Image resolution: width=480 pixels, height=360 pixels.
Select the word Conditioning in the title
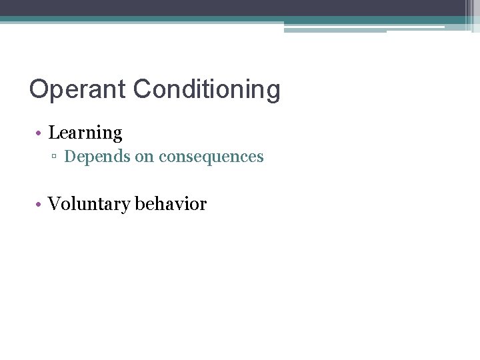207,89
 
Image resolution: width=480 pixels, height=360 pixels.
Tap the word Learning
85,133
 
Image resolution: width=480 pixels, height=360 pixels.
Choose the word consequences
211,157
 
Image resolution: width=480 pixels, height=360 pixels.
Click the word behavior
171,204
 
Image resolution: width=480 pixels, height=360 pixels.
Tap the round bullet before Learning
40,134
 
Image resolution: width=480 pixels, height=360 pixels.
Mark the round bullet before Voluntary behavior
40,205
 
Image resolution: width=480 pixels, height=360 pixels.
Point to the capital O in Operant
38,89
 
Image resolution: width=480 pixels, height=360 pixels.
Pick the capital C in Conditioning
143,89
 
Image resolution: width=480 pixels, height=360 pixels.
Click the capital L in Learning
53,133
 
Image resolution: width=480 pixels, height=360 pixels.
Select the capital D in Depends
69,157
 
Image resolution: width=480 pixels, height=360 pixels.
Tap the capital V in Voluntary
54,204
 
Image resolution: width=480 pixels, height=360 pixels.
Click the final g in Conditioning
273,92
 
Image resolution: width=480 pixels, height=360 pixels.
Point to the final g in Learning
117,135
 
